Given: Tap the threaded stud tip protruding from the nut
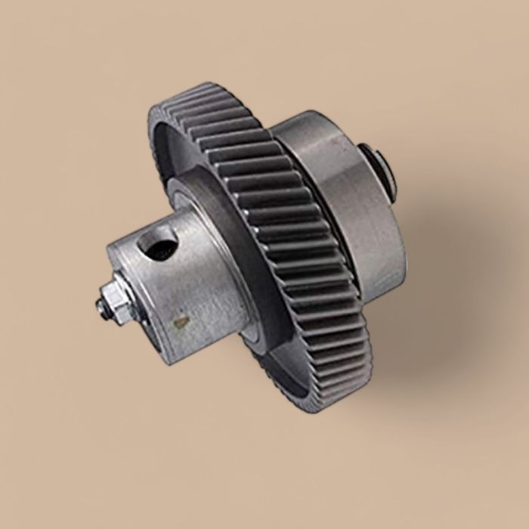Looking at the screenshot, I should [100, 306].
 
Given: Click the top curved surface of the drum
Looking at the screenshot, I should [317, 128].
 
